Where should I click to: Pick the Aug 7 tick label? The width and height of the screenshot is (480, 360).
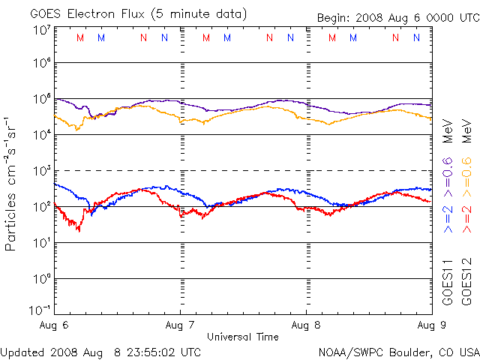click(181, 326)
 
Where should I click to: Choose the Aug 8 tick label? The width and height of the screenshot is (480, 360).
click(306, 326)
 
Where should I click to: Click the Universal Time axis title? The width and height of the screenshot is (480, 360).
click(243, 337)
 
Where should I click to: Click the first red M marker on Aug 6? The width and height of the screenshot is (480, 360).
click(80, 37)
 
